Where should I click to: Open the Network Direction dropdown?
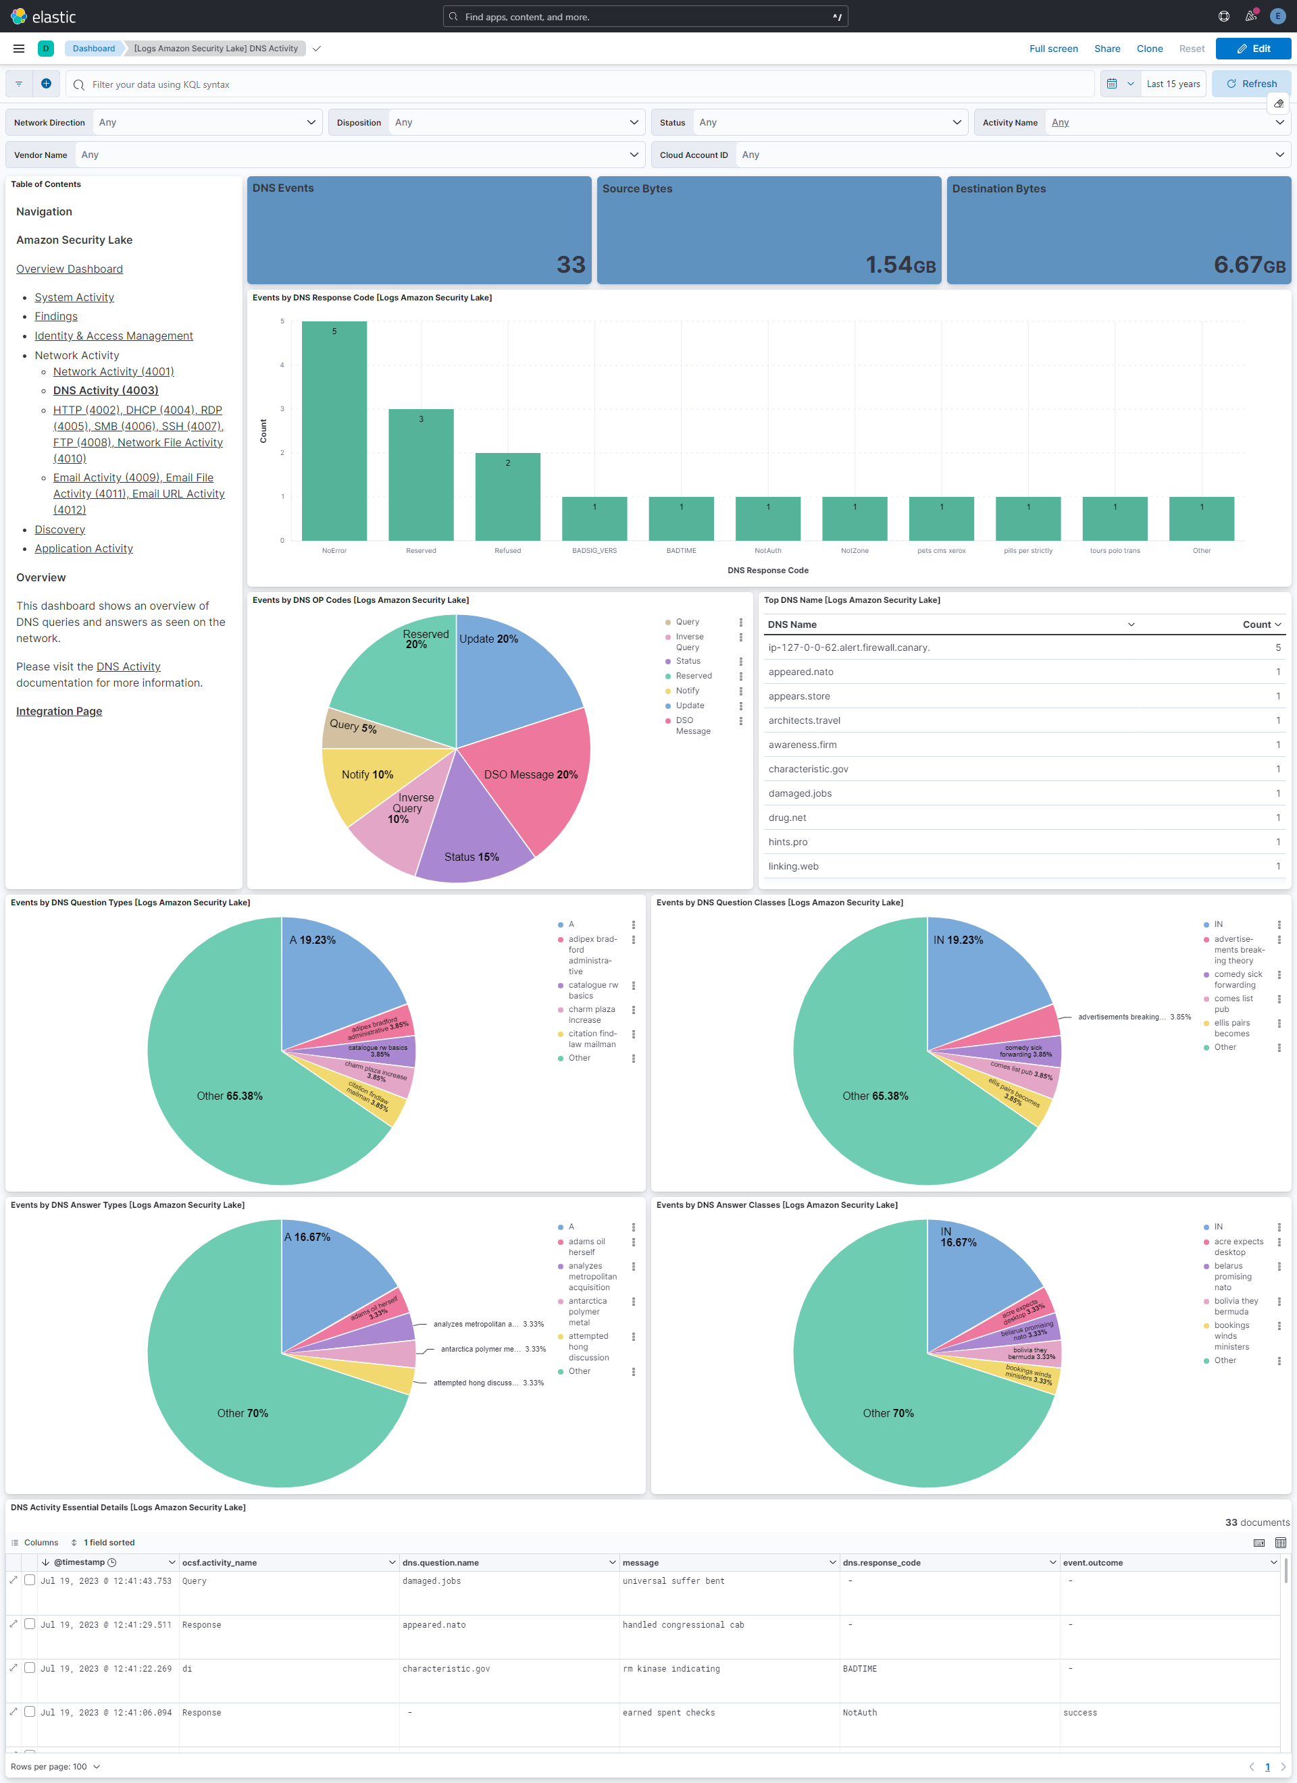point(207,123)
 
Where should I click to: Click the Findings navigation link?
point(56,316)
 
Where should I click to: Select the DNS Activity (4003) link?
point(105,390)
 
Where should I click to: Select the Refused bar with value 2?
point(507,496)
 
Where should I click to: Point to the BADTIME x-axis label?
point(680,550)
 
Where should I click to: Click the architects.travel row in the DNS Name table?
point(804,720)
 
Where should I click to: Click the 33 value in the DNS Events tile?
point(570,264)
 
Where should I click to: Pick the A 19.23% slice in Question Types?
point(330,975)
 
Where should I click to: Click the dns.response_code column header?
point(881,1562)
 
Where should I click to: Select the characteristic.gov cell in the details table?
point(446,1668)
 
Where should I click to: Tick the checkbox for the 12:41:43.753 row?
point(30,1580)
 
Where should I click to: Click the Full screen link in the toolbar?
point(1052,49)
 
